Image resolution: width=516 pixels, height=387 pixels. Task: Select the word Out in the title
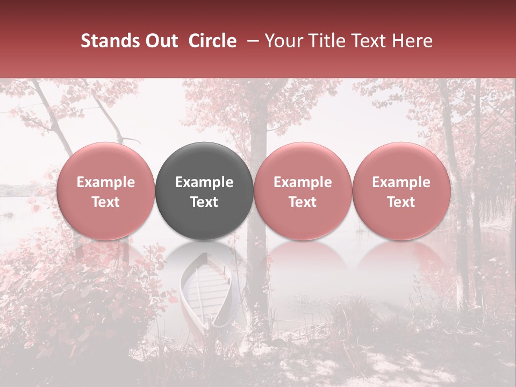pos(160,41)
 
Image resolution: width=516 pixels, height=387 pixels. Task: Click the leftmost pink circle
pos(105,191)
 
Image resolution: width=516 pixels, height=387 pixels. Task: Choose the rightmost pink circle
pos(401,191)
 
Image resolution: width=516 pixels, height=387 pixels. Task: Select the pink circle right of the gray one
pos(303,191)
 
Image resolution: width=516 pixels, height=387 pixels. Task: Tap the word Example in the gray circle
pos(204,182)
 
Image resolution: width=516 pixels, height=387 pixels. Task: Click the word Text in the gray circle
pos(204,202)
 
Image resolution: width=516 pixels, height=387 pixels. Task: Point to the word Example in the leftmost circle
pos(105,182)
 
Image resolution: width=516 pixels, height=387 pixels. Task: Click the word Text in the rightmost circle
pos(401,202)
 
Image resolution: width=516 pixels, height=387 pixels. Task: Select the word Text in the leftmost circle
pos(105,202)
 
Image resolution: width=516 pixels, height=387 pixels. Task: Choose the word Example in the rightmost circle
pos(401,182)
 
